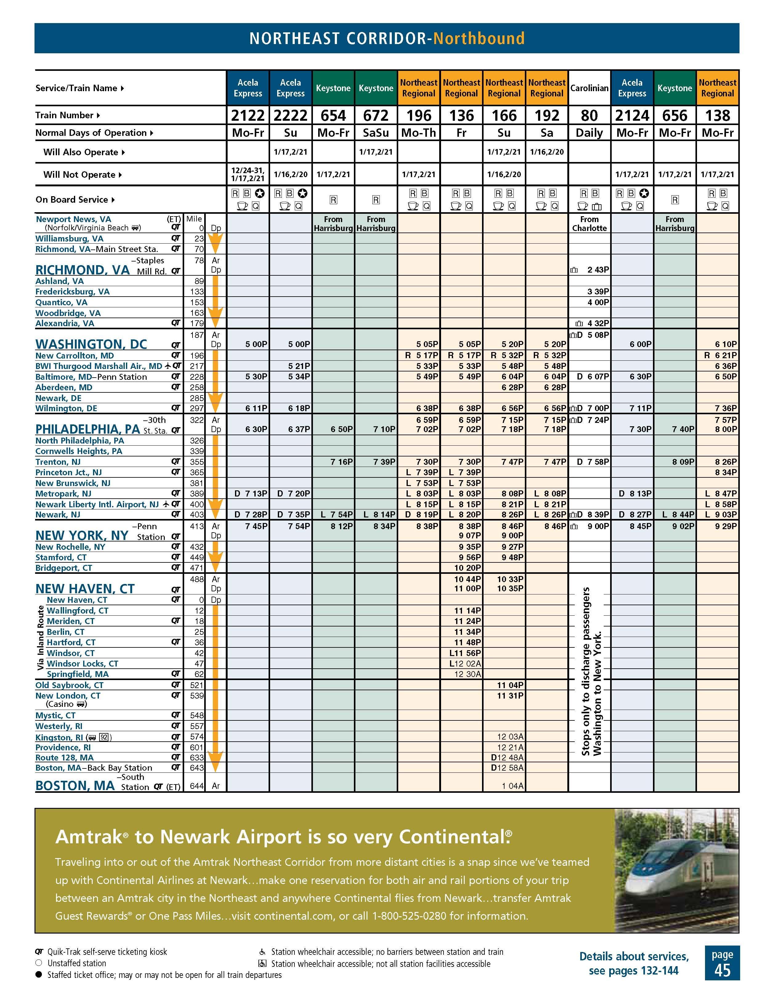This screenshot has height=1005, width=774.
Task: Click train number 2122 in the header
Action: [248, 115]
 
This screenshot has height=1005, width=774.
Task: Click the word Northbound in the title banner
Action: [479, 38]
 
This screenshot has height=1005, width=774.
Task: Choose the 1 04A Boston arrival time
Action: [512, 786]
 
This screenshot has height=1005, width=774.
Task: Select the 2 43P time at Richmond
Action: [598, 270]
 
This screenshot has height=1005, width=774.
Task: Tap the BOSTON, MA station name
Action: [75, 785]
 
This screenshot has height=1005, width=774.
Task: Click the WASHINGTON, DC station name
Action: [91, 344]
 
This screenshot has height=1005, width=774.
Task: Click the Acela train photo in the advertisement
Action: [676, 871]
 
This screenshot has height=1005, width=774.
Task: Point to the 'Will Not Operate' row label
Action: [79, 175]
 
